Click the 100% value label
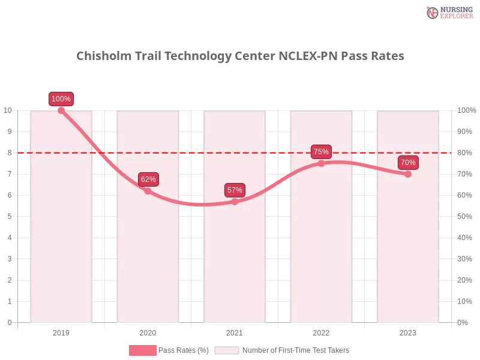pyautogui.click(x=61, y=99)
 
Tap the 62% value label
pyautogui.click(x=148, y=179)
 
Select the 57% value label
pyautogui.click(x=235, y=190)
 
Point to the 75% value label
pyautogui.click(x=321, y=152)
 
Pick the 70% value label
pyautogui.click(x=408, y=163)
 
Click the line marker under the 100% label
pyautogui.click(x=61, y=110)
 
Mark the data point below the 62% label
pyautogui.click(x=148, y=191)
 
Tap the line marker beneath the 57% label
pyautogui.click(x=235, y=202)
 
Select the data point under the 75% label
pyautogui.click(x=321, y=163)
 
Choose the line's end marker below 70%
pyautogui.click(x=408, y=174)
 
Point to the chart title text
pyautogui.click(x=242, y=56)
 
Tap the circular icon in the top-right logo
pyautogui.click(x=433, y=13)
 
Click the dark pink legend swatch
pyautogui.click(x=142, y=350)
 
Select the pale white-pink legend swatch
pyautogui.click(x=227, y=350)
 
